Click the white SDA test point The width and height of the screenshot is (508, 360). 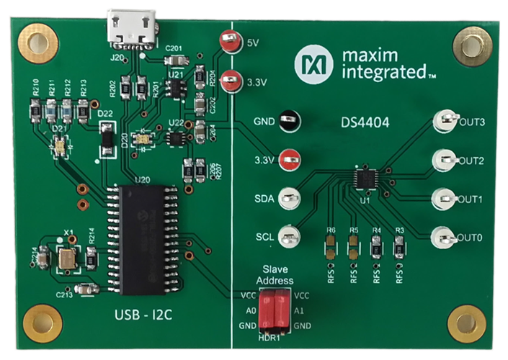[x=289, y=198]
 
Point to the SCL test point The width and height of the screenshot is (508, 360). [x=289, y=235]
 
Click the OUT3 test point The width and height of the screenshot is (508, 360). [x=445, y=122]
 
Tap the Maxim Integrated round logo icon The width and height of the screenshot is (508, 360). [x=308, y=63]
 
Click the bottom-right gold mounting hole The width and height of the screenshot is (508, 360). [x=465, y=322]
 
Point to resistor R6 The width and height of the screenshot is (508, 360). [x=331, y=248]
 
